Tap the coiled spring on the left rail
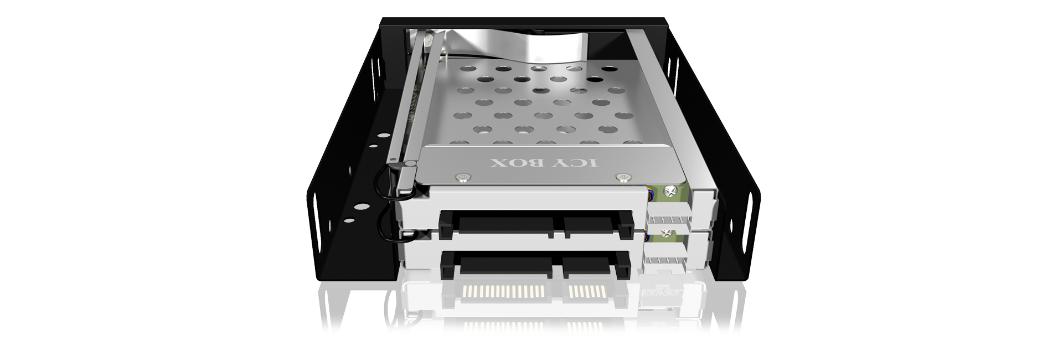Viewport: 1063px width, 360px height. pyautogui.click(x=411, y=111)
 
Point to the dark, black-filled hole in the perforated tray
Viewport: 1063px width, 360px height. pyautogui.click(x=608, y=69)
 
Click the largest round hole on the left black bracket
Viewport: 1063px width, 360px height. pyautogui.click(x=359, y=209)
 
